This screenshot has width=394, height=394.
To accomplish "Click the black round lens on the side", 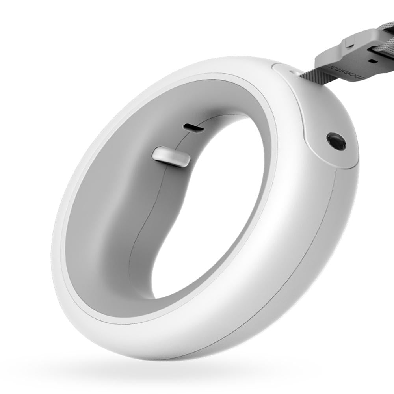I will point(336,141).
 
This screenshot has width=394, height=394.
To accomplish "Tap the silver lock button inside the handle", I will point(171,156).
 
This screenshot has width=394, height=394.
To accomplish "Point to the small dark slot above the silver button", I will point(193,128).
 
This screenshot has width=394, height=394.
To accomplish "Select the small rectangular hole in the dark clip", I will point(372,61).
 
